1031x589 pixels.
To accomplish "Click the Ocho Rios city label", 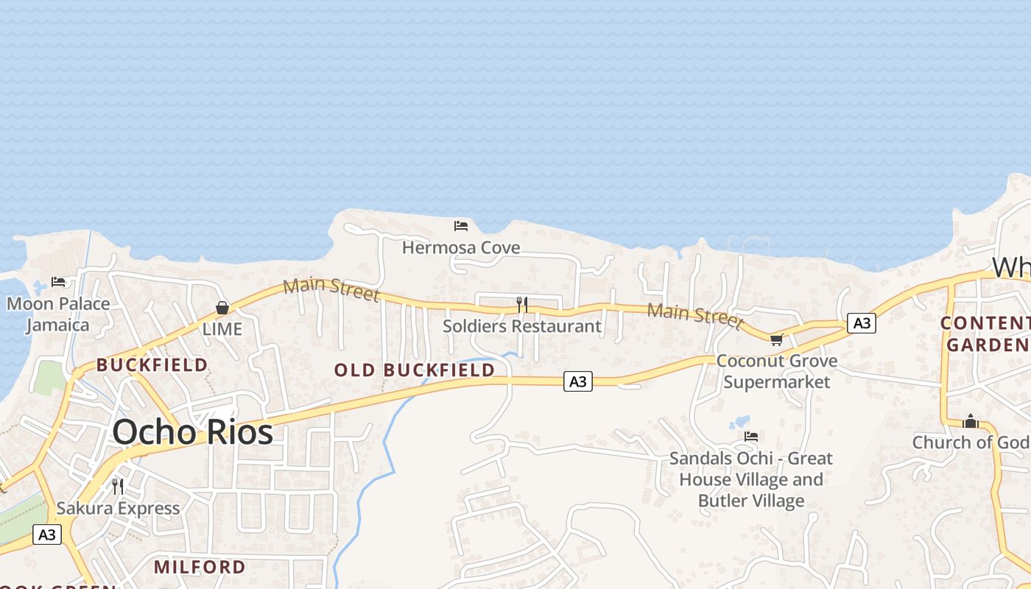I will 193,431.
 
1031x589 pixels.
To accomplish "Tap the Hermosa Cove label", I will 461,247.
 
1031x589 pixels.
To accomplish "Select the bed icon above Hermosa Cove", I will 461,225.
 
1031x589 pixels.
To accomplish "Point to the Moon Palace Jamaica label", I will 58,314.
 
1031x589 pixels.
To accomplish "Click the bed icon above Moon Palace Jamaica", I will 58,282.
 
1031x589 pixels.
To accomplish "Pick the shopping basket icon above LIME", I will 222,308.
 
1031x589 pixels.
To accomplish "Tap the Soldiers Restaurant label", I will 521,325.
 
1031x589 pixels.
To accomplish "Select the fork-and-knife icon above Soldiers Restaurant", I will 521,303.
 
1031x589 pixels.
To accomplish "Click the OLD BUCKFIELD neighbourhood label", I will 415,370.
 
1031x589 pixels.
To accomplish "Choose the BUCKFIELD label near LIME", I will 152,364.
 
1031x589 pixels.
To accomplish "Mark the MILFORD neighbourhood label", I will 200,567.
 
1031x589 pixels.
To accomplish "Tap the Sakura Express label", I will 118,508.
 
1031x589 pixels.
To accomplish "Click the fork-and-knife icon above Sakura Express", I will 117,486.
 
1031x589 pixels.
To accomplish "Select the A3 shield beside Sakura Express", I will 46,535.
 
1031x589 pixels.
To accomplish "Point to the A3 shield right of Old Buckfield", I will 578,381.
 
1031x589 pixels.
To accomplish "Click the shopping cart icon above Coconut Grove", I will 776,339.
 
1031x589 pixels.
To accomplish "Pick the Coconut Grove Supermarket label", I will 777,371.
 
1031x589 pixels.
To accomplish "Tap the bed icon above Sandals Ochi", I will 750,437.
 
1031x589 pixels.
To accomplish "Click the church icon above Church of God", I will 971,421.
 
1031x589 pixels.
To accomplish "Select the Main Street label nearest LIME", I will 331,289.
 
